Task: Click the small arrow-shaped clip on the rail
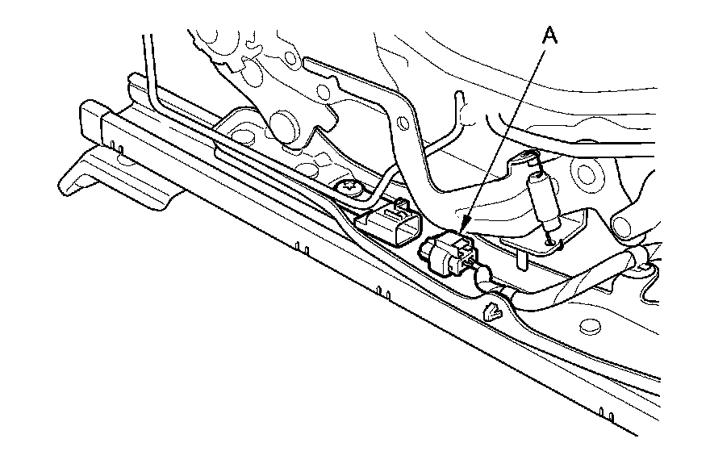coord(493,311)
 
